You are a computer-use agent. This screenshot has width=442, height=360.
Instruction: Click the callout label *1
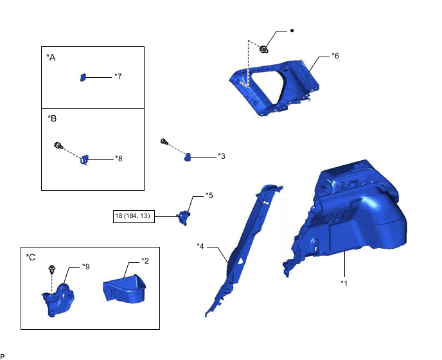pyautogui.click(x=344, y=283)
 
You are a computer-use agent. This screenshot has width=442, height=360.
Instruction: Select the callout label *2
pyautogui.click(x=145, y=261)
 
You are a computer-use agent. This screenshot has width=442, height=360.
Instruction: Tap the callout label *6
pyautogui.click(x=335, y=56)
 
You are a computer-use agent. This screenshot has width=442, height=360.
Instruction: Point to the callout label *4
pyautogui.click(x=200, y=246)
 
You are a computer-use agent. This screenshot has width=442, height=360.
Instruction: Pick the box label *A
pyautogui.click(x=51, y=58)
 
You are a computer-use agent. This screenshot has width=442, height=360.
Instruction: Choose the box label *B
pyautogui.click(x=52, y=118)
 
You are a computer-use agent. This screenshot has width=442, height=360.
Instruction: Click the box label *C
pyautogui.click(x=30, y=257)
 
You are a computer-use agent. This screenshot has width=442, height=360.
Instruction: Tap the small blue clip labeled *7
pyautogui.click(x=83, y=77)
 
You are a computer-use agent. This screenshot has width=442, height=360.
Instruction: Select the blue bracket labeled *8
pyautogui.click(x=85, y=159)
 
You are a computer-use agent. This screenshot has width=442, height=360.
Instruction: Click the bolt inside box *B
pyautogui.click(x=58, y=145)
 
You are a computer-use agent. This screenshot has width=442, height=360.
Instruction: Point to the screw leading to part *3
pyautogui.click(x=164, y=141)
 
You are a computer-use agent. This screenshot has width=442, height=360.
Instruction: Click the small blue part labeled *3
pyautogui.click(x=188, y=157)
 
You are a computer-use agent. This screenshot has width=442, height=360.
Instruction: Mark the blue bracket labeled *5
pyautogui.click(x=184, y=217)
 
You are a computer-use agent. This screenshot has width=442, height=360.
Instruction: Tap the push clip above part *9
pyautogui.click(x=52, y=269)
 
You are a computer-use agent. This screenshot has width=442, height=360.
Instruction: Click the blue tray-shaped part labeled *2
pyautogui.click(x=125, y=289)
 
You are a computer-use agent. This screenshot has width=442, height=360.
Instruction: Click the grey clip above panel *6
pyautogui.click(x=264, y=50)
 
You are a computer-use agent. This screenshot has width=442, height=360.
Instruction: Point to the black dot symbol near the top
pyautogui.click(x=292, y=30)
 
